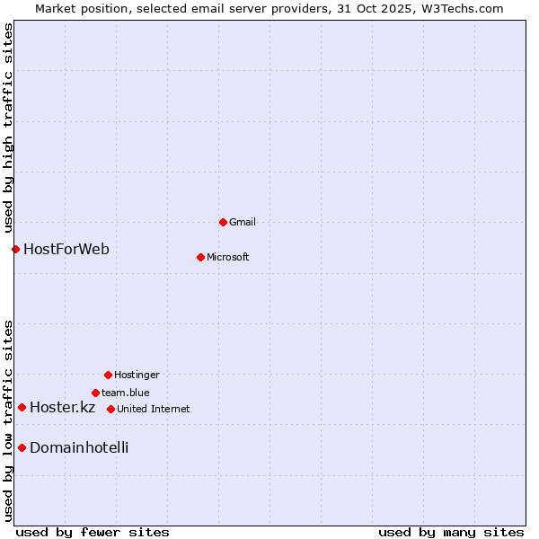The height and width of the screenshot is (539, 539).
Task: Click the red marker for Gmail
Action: [x=223, y=222]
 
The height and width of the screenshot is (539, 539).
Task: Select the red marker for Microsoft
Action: [x=200, y=257]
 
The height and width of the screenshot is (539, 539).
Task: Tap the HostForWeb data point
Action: [x=15, y=249]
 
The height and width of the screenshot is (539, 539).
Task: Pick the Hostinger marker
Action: [x=108, y=375]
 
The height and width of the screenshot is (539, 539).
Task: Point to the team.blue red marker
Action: [x=95, y=393]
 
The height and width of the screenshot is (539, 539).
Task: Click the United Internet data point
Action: [x=110, y=409]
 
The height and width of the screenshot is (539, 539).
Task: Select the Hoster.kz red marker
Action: [x=22, y=407]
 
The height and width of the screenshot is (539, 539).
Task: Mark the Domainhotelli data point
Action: [x=22, y=447]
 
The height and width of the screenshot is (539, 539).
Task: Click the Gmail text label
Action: [x=243, y=222]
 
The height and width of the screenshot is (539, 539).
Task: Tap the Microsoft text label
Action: [x=227, y=257]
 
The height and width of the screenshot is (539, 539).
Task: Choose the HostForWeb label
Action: [x=66, y=249]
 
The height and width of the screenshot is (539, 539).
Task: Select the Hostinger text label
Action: [x=137, y=375]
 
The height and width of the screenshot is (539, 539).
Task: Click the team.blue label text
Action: [x=125, y=393]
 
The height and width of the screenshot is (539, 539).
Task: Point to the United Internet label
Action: [x=153, y=409]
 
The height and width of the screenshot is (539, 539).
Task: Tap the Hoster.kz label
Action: [x=62, y=407]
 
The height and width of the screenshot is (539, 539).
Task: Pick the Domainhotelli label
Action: [x=79, y=447]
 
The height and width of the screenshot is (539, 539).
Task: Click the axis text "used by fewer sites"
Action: [x=93, y=532]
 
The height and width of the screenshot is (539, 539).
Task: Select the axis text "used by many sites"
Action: [x=451, y=532]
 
